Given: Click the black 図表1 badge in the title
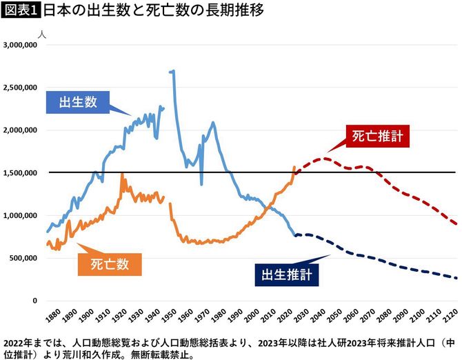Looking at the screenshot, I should pos(21,12).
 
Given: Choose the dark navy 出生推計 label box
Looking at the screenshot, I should pos(286,274).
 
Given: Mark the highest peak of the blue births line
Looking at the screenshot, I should pos(172,70).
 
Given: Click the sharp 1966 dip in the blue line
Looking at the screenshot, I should pos(202,183).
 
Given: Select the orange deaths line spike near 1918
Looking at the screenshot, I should pos(122,174).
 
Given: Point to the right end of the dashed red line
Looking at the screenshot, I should pos(456,224).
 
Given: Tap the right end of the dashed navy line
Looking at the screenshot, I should pos(456,279).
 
